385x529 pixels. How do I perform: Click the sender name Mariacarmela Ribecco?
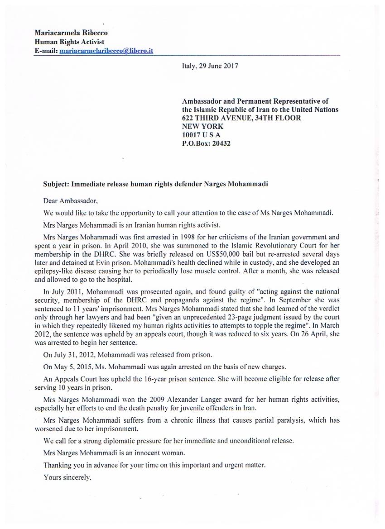tap(71, 33)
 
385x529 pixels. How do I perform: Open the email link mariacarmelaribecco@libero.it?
tap(106, 51)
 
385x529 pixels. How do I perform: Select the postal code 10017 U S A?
tap(201, 135)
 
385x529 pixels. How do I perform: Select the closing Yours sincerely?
tap(67, 477)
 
